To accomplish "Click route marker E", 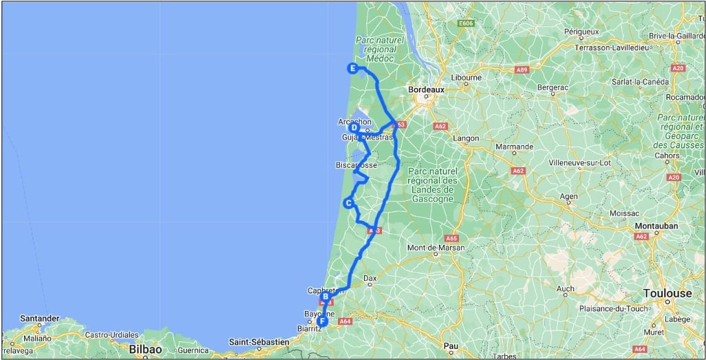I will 352,68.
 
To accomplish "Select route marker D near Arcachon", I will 354,127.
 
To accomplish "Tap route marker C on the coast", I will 349,203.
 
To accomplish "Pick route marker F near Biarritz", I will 321,321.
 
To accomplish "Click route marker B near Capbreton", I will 325,297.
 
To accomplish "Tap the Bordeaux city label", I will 427,89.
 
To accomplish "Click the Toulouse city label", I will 667,293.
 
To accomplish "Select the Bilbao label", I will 145,350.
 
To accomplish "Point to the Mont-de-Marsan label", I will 436,248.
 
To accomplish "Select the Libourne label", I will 467,78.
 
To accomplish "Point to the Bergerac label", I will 553,87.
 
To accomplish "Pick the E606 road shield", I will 467,23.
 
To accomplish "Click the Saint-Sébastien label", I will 259,341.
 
